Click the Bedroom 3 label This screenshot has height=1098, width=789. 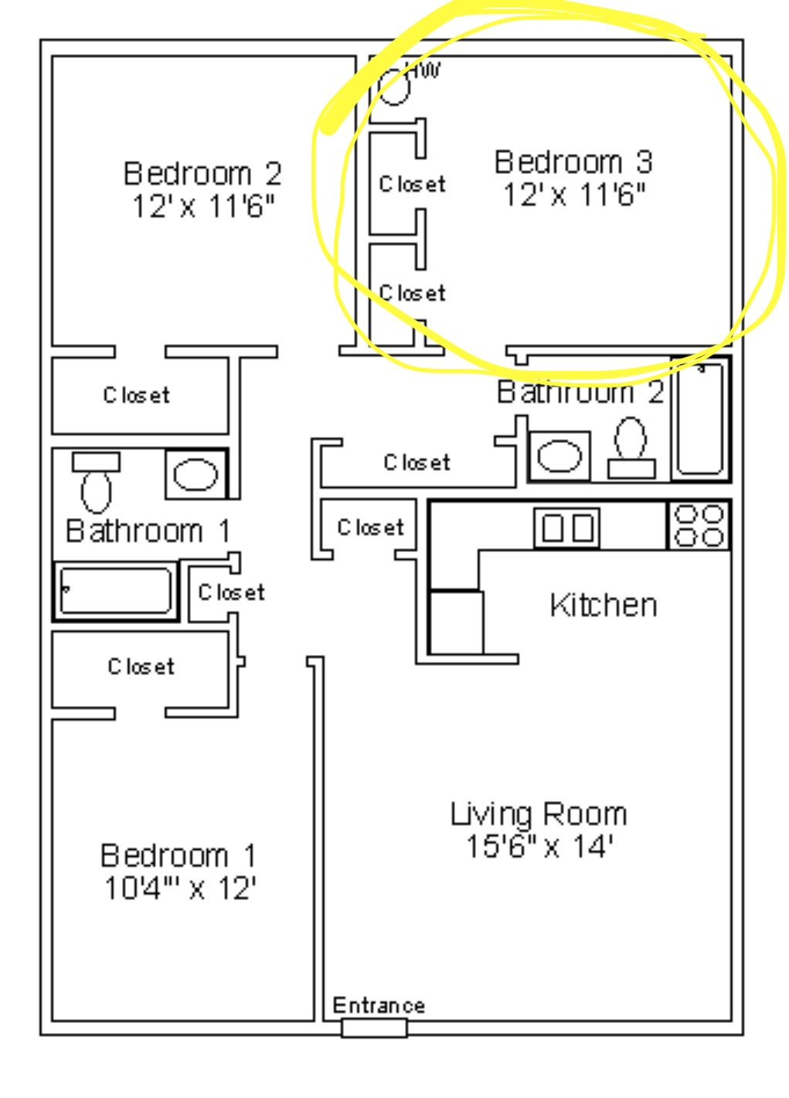(x=573, y=162)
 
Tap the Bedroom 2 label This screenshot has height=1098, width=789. (x=202, y=173)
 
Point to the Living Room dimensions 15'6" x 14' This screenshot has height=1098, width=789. (x=539, y=846)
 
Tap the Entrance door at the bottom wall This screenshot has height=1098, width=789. (x=374, y=1028)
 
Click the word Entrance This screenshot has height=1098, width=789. (x=379, y=1005)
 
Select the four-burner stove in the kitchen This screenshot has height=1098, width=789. (x=699, y=526)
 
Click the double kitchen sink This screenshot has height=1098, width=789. (x=566, y=528)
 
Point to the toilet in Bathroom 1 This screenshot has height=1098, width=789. (x=96, y=483)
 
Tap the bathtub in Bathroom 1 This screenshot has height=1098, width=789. (x=116, y=592)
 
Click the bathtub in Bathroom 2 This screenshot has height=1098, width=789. (x=701, y=419)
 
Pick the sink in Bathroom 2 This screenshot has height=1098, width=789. (x=559, y=456)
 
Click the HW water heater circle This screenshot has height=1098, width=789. (x=394, y=87)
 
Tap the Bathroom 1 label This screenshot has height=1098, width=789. (x=148, y=530)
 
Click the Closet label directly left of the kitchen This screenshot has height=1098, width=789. (x=370, y=527)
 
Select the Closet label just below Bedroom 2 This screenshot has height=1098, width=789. (x=136, y=395)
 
